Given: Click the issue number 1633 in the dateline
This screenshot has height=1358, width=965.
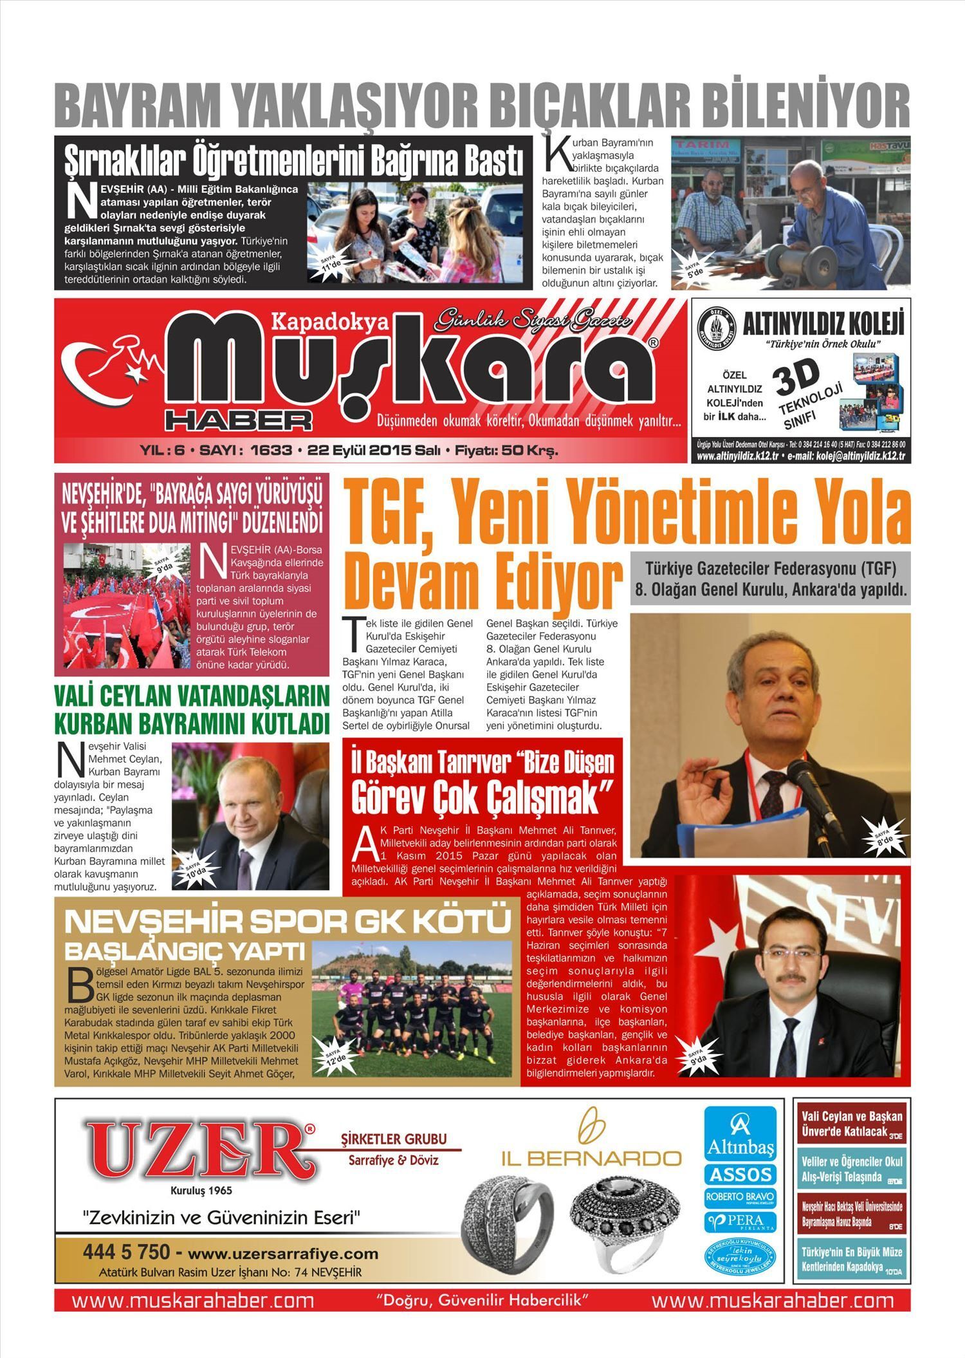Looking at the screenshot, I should (271, 451).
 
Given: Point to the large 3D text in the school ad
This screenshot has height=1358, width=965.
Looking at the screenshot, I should (797, 377).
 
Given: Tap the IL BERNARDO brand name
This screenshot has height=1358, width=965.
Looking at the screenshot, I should (591, 1158).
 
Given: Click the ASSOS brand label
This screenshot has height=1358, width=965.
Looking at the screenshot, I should (740, 1175).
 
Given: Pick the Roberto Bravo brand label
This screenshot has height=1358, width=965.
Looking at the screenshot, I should (740, 1198).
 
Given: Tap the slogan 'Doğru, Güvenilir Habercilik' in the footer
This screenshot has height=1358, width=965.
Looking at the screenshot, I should (482, 1299).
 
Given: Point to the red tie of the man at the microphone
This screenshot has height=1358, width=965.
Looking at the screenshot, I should (772, 798).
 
